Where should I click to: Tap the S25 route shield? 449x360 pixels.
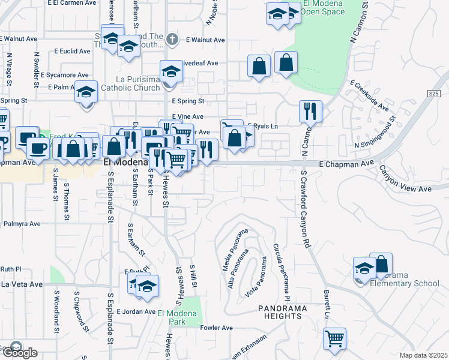pyautogui.click(x=434, y=94)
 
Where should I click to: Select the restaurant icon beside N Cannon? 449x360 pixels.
pyautogui.click(x=310, y=111)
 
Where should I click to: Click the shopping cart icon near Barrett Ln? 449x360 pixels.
pyautogui.click(x=334, y=338)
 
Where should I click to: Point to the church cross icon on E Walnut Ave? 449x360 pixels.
pyautogui.click(x=172, y=40)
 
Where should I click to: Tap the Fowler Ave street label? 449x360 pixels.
pyautogui.click(x=216, y=328)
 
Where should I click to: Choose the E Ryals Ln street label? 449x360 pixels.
pyautogui.click(x=263, y=126)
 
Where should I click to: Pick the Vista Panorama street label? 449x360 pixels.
pyautogui.click(x=257, y=278)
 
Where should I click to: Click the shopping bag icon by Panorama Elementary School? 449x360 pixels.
pyautogui.click(x=381, y=264)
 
